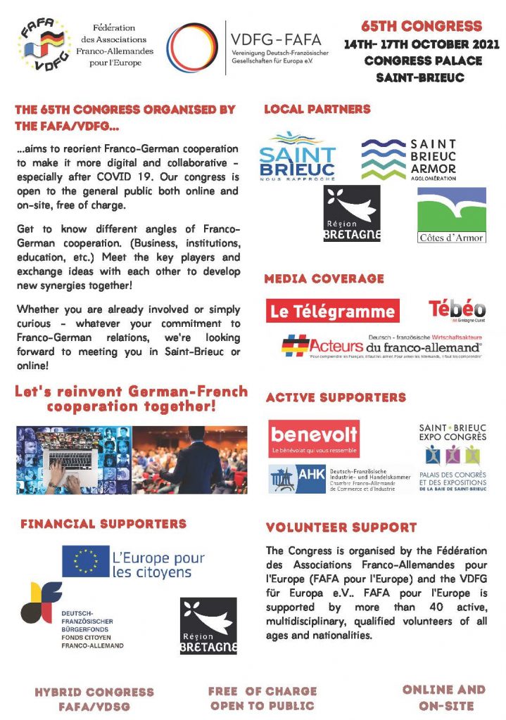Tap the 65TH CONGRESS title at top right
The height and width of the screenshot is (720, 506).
pyautogui.click(x=422, y=27)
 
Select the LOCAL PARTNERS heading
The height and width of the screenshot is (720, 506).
pyautogui.click(x=317, y=109)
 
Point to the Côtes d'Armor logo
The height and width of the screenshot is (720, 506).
pyautogui.click(x=451, y=215)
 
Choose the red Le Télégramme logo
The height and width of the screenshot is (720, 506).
pyautogui.click(x=332, y=311)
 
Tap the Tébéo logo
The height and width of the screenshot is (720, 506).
pyautogui.click(x=457, y=309)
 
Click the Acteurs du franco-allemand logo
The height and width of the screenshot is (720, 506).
pyautogui.click(x=382, y=345)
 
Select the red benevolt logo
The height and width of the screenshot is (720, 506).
pyautogui.click(x=314, y=439)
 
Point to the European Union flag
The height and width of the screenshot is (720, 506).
pyautogui.click(x=85, y=561)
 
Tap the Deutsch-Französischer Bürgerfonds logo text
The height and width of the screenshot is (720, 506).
pyautogui.click(x=92, y=629)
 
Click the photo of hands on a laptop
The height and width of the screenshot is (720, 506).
pyautogui.click(x=73, y=460)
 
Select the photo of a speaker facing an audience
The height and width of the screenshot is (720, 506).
pyautogui.click(x=189, y=460)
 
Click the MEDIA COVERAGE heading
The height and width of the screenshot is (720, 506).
pyautogui.click(x=324, y=278)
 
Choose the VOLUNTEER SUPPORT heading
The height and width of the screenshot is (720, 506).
pyautogui.click(x=341, y=527)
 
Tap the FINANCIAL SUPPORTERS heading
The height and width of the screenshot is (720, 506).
pyautogui.click(x=103, y=523)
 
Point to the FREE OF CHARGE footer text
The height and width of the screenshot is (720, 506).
pyautogui.click(x=263, y=690)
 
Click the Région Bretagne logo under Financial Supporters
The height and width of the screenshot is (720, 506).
pyautogui.click(x=208, y=626)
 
